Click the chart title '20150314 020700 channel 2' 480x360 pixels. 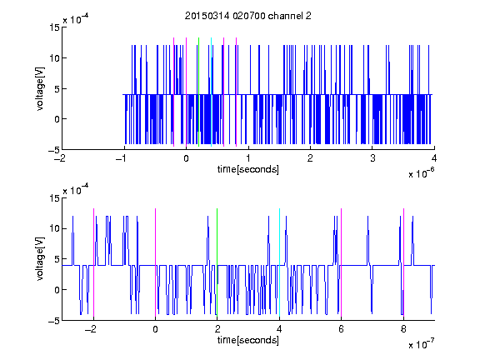(248, 16)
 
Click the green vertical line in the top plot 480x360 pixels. (199, 92)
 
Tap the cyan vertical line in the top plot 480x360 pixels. (211, 92)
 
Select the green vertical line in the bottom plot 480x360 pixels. (217, 262)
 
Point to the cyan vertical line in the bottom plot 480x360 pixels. (279, 262)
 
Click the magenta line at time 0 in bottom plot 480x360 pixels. (156, 262)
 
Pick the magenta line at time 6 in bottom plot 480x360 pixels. (342, 262)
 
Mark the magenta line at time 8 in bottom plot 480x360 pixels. (404, 262)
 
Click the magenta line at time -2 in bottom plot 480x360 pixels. (93, 262)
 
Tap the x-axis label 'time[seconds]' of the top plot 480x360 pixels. (248, 169)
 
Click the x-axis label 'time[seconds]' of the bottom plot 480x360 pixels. (248, 340)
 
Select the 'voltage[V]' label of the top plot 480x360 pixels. (40, 89)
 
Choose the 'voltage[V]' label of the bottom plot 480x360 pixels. (40, 259)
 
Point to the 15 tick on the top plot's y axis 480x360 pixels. (54, 27)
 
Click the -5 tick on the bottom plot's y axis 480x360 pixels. (54, 321)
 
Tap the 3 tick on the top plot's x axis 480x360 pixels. (372, 158)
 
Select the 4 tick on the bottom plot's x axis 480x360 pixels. (279, 329)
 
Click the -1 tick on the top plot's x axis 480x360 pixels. (122, 158)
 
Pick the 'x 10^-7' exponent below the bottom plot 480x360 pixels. (422, 344)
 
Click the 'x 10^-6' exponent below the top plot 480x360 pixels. (422, 173)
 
